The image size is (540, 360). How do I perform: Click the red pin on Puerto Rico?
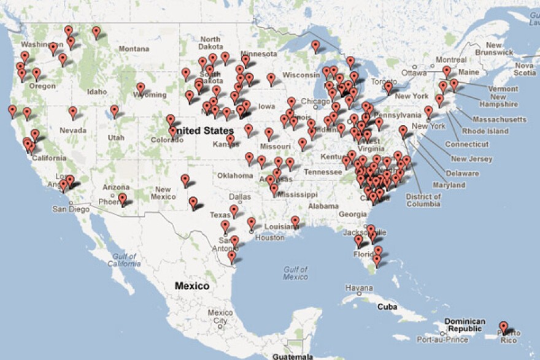(504, 327)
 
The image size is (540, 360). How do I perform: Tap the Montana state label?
(134, 48)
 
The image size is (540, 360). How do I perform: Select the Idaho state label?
(97, 91)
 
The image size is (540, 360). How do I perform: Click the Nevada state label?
(72, 130)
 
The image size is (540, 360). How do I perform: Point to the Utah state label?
(115, 137)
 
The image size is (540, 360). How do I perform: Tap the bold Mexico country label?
(191, 286)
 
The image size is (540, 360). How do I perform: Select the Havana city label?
(358, 288)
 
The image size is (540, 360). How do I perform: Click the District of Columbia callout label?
(423, 201)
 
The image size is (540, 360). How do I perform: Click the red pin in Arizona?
(123, 198)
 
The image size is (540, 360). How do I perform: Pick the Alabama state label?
(323, 206)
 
